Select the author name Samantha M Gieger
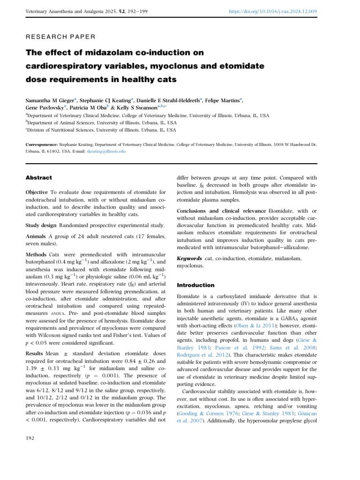point(50,100)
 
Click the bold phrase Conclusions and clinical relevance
point(217,211)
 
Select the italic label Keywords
point(189,258)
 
